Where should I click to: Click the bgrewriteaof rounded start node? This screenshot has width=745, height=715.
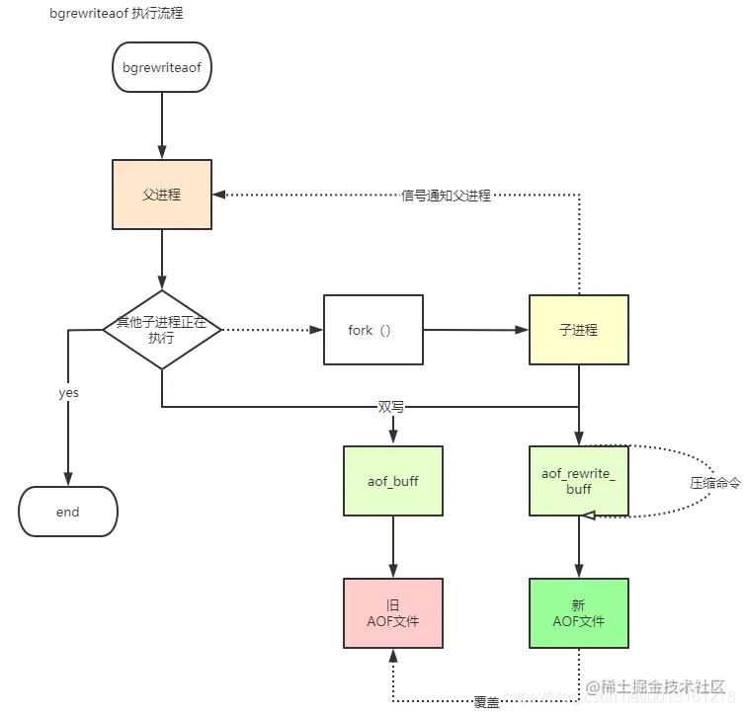pos(161,67)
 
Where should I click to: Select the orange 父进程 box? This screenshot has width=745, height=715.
pos(161,195)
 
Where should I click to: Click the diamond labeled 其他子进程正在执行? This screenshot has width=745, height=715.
pos(162,330)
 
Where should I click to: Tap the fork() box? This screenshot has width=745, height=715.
pos(372,330)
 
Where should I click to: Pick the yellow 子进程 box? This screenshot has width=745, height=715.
pos(579,330)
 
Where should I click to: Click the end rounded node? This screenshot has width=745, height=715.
pos(68,513)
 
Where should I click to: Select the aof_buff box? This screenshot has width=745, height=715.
pos(393,480)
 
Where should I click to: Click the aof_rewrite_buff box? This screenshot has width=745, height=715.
pos(579,480)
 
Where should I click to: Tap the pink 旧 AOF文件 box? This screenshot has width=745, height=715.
pos(393,613)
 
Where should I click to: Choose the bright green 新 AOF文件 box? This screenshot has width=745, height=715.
pos(579,613)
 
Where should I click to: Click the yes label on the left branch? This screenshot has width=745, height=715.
pos(68,393)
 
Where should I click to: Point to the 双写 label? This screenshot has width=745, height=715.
pos(391,406)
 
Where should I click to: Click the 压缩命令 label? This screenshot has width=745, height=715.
pos(714,483)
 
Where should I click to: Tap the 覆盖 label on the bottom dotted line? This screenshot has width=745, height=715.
pos(486,701)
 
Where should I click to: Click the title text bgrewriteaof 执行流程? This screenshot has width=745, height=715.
pos(116,14)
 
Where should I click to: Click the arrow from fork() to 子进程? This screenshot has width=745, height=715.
pos(475,330)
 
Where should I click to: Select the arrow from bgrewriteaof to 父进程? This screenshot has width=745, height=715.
pos(161,125)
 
